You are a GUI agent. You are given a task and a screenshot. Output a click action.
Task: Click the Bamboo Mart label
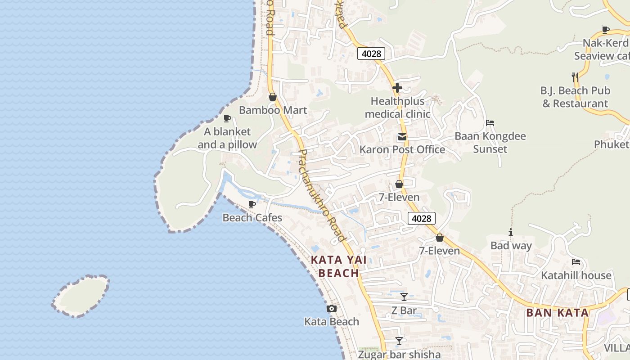(x=273, y=110)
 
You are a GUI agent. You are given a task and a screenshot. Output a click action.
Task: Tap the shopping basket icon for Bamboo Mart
(x=272, y=97)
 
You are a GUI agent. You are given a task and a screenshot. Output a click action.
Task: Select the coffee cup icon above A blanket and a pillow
(x=227, y=119)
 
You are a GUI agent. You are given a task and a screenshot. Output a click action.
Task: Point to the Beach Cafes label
(x=252, y=218)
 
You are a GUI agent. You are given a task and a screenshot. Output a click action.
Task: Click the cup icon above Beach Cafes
(x=252, y=205)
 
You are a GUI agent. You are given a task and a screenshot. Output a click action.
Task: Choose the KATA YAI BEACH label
(x=339, y=266)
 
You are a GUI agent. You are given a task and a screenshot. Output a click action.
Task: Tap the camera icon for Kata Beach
(x=332, y=309)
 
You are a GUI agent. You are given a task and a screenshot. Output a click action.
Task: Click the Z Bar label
(x=404, y=310)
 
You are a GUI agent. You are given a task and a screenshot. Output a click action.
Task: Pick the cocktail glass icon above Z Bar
(x=404, y=297)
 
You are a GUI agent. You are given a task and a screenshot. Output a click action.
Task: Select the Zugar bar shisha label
(x=399, y=355)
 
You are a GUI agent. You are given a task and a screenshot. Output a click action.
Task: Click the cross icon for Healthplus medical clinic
(x=397, y=88)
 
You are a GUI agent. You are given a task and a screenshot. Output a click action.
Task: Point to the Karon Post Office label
(x=402, y=150)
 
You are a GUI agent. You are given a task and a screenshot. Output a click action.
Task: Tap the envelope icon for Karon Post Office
(x=402, y=137)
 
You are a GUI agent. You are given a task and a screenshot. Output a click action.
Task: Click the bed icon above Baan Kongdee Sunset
(x=490, y=123)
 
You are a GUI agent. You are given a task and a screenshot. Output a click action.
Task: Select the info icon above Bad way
(x=511, y=233)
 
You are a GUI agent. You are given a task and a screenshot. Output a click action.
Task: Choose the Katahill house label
(x=576, y=275)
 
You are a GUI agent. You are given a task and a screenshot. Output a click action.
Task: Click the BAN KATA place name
(x=557, y=313)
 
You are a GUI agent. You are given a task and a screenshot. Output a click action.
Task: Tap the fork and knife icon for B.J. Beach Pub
(x=575, y=77)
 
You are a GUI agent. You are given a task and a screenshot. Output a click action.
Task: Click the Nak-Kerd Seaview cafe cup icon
(x=605, y=30)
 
